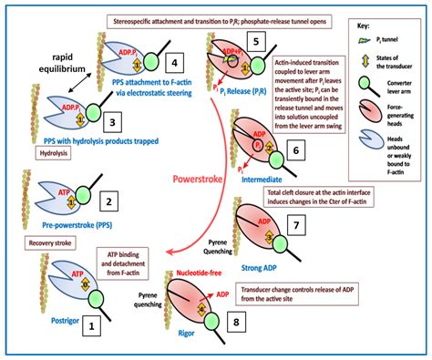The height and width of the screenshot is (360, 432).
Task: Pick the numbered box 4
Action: point(176,64)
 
